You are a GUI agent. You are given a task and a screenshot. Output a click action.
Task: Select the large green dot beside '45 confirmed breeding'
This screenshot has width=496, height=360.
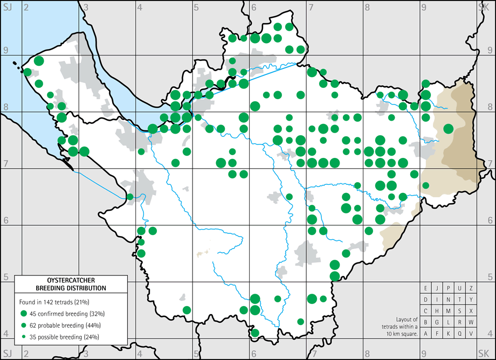pyautogui.click(x=23, y=314)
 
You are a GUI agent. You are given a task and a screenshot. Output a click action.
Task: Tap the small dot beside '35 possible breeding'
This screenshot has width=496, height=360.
pyautogui.click(x=23, y=337)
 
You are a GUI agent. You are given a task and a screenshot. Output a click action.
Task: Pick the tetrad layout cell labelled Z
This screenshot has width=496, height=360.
pyautogui.click(x=471, y=288)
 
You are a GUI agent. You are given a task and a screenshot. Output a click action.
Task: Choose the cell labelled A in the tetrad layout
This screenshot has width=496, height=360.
pyautogui.click(x=426, y=333)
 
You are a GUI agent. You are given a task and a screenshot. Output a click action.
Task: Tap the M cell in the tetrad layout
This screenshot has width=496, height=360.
pyautogui.click(x=449, y=310)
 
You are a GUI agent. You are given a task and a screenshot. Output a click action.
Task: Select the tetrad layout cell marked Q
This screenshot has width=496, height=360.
pyautogui.click(x=460, y=333)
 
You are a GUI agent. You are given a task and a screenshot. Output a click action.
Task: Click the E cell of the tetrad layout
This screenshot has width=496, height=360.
pyautogui.click(x=426, y=288)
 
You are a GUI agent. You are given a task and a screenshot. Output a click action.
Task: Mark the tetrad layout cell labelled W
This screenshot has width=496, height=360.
pyautogui.click(x=471, y=322)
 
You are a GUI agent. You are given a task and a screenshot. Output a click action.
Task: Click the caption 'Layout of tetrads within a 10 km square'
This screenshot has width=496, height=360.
pyautogui.click(x=399, y=326)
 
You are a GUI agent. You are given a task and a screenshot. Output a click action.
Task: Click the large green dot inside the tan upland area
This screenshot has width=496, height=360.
pyautogui.click(x=448, y=129)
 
